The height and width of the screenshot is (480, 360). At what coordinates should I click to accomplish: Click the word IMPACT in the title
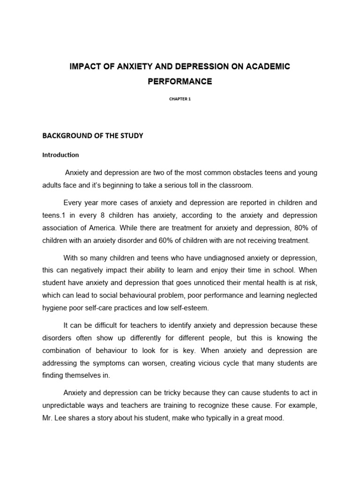pyautogui.click(x=85, y=67)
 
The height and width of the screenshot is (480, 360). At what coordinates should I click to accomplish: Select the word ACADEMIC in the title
pyautogui.click(x=267, y=67)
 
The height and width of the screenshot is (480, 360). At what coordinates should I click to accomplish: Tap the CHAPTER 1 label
pyautogui.click(x=180, y=99)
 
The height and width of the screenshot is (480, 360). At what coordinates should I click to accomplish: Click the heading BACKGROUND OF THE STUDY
pyautogui.click(x=93, y=136)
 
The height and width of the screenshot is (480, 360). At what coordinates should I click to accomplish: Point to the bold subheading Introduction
pyautogui.click(x=61, y=155)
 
